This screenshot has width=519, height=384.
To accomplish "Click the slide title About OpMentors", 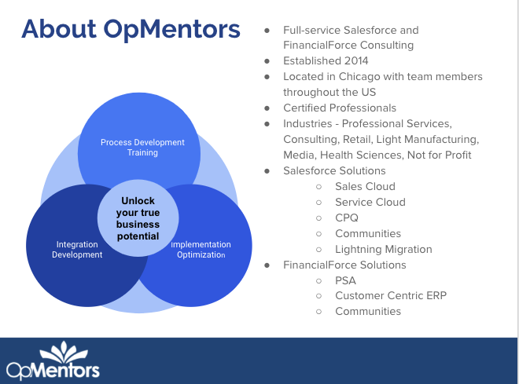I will coord(131,30).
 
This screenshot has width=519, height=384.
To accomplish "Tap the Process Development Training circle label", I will coord(142,148).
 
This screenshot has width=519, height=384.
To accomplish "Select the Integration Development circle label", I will coord(77,250).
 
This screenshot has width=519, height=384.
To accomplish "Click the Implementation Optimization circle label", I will coord(201,250).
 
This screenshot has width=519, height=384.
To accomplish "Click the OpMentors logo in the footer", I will coord(53,362).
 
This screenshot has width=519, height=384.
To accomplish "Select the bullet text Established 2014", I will coord(326,60).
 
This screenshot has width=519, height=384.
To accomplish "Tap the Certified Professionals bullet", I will coord(340,108).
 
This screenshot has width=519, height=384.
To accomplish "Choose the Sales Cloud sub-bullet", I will coord(365,186).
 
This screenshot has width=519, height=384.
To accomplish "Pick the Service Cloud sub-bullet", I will coord(370,202).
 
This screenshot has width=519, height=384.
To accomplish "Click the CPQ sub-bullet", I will coord(347,218).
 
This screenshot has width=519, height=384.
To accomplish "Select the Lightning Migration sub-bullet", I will coord(383,249).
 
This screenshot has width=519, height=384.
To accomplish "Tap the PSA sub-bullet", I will coord(345,280).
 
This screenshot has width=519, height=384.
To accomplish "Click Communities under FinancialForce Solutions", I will coord(367,312).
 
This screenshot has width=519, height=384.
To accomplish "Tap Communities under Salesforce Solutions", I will coord(367,233).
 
